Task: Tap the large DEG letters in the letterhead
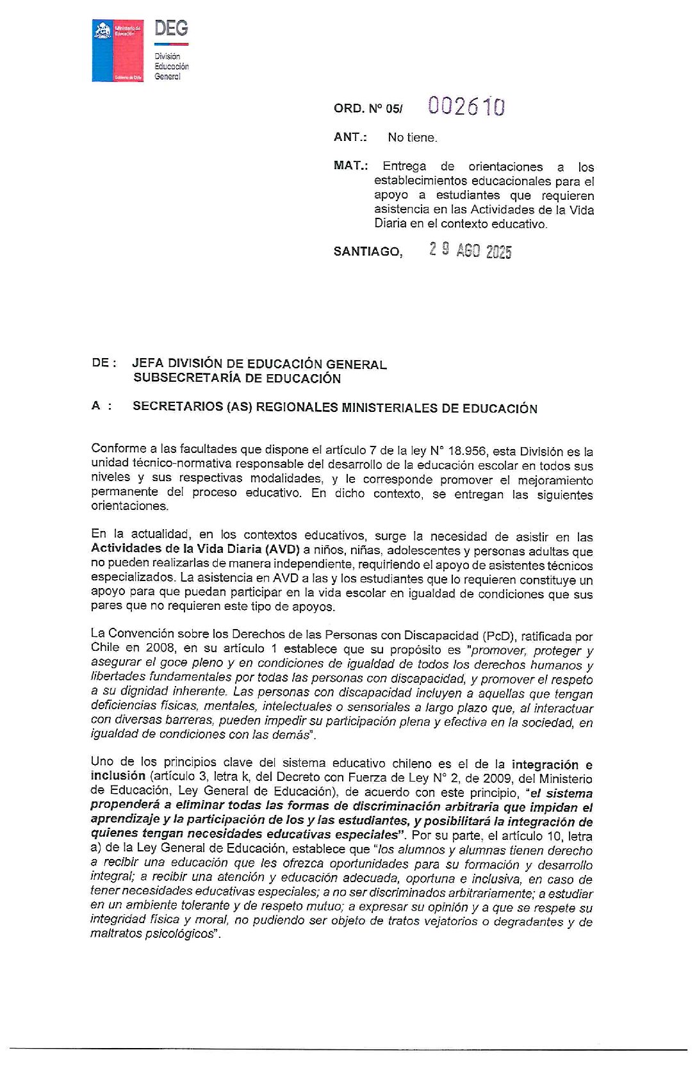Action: pyautogui.click(x=171, y=28)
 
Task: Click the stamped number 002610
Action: pyautogui.click(x=466, y=106)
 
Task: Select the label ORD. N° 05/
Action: pyautogui.click(x=368, y=109)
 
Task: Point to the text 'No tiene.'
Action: pyautogui.click(x=412, y=138)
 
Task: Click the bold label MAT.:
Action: pyautogui.click(x=350, y=165)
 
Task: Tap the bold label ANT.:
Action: pyautogui.click(x=350, y=137)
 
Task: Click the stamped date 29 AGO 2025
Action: pyautogui.click(x=470, y=250)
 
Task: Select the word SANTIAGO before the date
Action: pyautogui.click(x=367, y=252)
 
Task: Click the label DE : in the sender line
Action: pyautogui.click(x=104, y=363)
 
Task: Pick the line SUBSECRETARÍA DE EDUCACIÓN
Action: pyautogui.click(x=237, y=379)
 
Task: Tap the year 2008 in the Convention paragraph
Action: pyautogui.click(x=160, y=648)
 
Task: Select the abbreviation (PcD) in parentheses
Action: pyautogui.click(x=498, y=636)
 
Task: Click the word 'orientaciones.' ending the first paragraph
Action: pyautogui.click(x=129, y=506)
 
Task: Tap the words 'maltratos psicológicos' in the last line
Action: pyautogui.click(x=151, y=934)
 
